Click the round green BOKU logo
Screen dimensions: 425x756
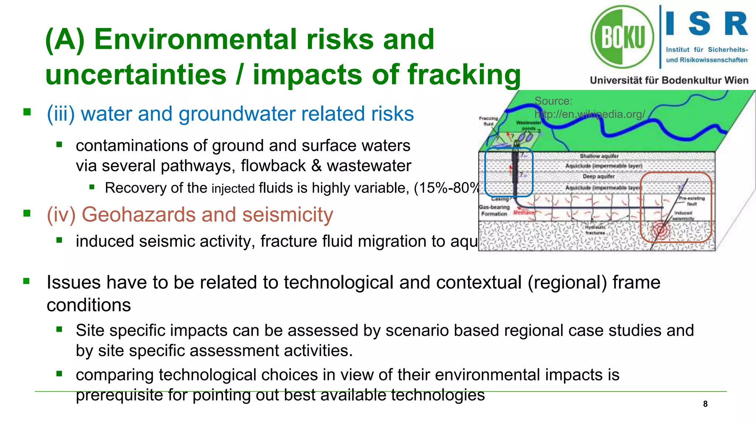click(x=622, y=37)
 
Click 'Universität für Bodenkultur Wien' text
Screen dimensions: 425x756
click(x=669, y=80)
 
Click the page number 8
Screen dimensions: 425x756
click(x=705, y=404)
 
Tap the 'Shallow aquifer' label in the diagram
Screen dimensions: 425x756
click(x=599, y=156)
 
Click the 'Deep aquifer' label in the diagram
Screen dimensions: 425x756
click(x=598, y=177)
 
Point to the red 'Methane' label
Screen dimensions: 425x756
click(x=523, y=213)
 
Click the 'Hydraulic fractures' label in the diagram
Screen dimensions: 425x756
click(x=595, y=230)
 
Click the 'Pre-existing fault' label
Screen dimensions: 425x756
click(x=692, y=201)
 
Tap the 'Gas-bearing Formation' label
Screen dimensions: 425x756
click(x=494, y=210)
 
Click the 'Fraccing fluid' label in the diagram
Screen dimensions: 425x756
click(x=488, y=121)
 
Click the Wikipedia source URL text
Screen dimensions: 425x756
click(x=590, y=114)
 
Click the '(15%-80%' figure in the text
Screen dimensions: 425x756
click(x=446, y=188)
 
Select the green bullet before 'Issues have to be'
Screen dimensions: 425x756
click(x=26, y=281)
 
